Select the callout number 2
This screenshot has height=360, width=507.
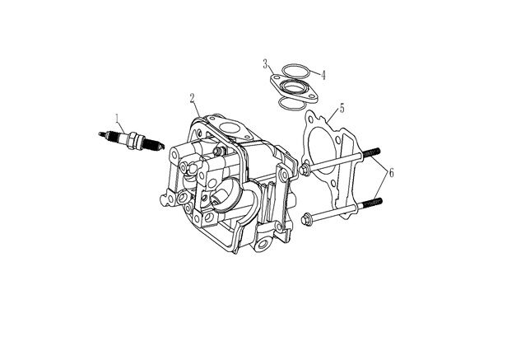pos(193,98)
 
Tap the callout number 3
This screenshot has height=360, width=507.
pos(266,63)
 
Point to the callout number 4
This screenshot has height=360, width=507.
pos(324,74)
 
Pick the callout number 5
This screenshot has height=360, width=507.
pos(342,107)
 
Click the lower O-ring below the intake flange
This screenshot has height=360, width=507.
pos(289,102)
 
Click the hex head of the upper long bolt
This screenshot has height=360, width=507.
pos(306,170)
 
